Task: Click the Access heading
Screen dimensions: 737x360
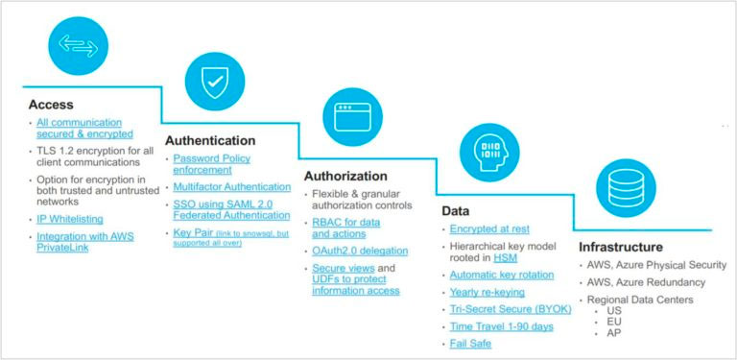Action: click(52, 105)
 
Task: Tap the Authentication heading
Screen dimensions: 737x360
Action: click(210, 140)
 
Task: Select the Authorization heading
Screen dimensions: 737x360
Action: click(345, 177)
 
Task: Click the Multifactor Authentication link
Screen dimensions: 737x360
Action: click(231, 187)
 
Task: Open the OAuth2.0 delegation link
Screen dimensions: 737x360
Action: click(360, 251)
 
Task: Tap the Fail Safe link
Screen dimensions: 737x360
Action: click(470, 343)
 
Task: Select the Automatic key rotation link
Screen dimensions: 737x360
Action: click(502, 275)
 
